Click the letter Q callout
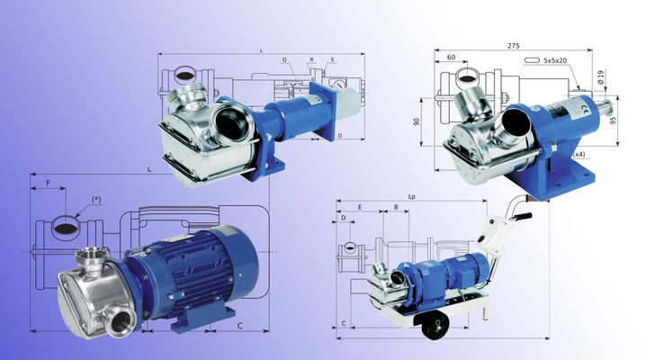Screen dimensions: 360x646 [x=284, y=60]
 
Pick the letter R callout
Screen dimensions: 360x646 [x=310, y=60]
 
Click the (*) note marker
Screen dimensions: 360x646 [x=96, y=200]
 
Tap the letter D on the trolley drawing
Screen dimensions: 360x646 [x=344, y=219]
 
